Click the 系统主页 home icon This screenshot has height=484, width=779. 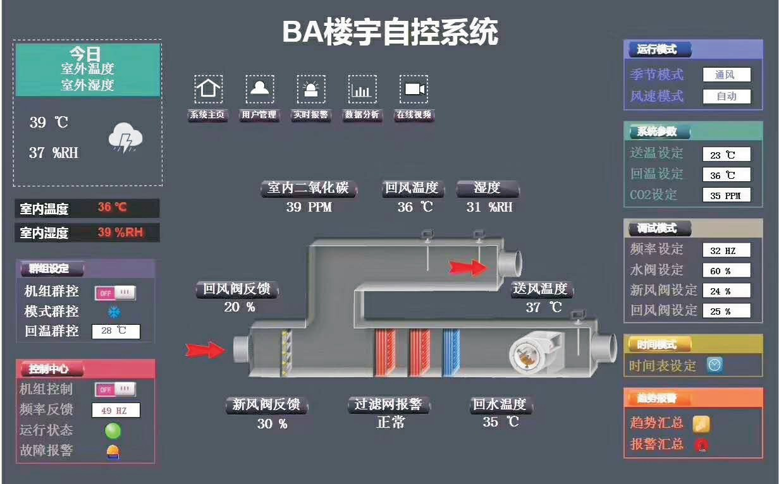208,89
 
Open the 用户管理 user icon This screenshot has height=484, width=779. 259,89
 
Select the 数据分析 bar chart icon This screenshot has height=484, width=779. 362,89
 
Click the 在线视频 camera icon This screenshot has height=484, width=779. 414,89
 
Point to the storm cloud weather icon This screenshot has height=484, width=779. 126,137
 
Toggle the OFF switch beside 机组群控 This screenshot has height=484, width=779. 115,293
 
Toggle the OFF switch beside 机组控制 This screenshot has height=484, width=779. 115,389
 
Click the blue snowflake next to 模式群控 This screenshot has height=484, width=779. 114,312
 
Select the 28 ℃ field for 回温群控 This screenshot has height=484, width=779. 116,331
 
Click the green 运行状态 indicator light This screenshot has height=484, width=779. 113,431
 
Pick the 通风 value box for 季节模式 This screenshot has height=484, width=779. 727,75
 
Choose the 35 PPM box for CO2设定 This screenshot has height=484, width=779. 727,195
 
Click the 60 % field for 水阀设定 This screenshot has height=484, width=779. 727,271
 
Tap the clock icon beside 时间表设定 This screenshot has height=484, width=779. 715,365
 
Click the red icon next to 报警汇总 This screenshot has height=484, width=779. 701,444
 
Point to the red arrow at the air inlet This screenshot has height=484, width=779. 205,349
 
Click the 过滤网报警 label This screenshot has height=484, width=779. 389,404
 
